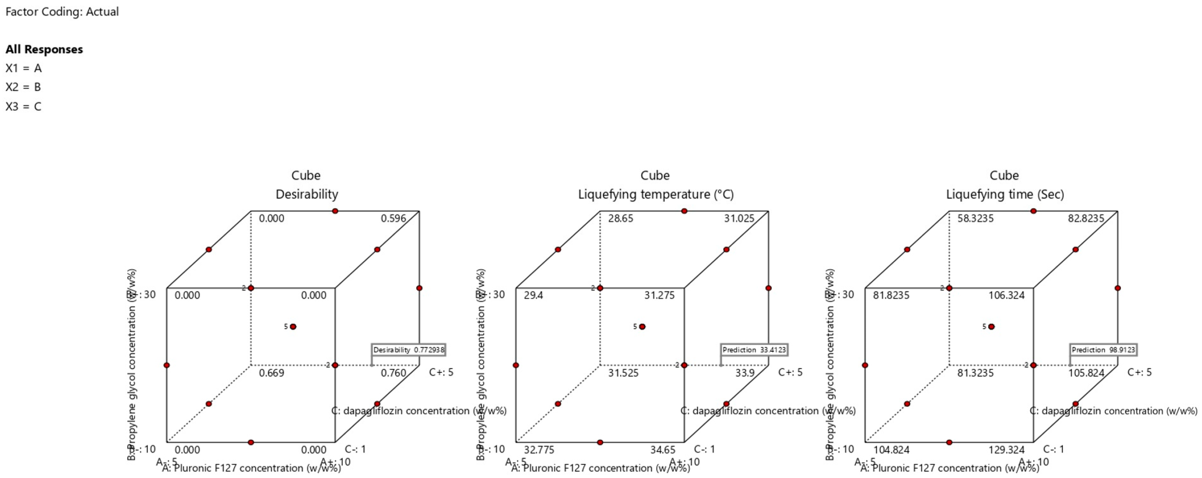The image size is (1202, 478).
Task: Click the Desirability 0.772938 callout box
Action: pyautogui.click(x=409, y=350)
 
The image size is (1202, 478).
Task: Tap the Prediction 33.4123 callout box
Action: pyautogui.click(x=754, y=350)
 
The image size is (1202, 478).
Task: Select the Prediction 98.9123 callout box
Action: pyautogui.click(x=1103, y=350)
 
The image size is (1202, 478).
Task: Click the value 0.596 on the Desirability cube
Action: pyautogui.click(x=393, y=218)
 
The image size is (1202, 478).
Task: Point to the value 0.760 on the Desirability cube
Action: pyautogui.click(x=393, y=373)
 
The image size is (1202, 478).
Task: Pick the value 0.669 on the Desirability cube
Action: pyautogui.click(x=271, y=373)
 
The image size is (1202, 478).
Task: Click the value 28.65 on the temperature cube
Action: pyautogui.click(x=621, y=218)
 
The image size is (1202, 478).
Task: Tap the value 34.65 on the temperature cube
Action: pyautogui.click(x=663, y=450)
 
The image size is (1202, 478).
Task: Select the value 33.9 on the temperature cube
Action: pyautogui.click(x=745, y=373)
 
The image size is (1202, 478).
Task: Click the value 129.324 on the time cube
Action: pyautogui.click(x=1007, y=450)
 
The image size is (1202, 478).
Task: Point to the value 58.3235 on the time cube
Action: pyautogui.click(x=976, y=218)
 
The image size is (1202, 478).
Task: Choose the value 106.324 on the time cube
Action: pyautogui.click(x=1007, y=295)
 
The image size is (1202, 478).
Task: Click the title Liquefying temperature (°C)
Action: pyautogui.click(x=656, y=194)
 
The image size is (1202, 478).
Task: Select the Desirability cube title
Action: pyautogui.click(x=306, y=194)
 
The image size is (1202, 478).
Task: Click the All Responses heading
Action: pyautogui.click(x=44, y=49)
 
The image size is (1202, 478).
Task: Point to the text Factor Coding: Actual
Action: pyautogui.click(x=62, y=12)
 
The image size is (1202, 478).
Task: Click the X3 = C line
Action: pyautogui.click(x=23, y=107)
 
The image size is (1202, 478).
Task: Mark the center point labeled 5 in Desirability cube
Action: pyautogui.click(x=293, y=327)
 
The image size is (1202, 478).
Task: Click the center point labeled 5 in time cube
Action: pyautogui.click(x=992, y=327)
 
